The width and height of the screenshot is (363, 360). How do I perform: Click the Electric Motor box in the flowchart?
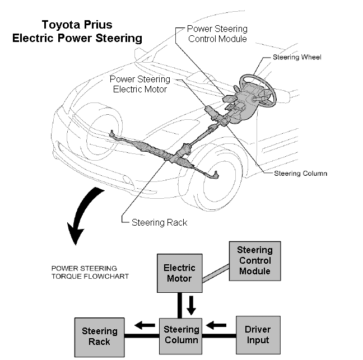(x=180, y=273)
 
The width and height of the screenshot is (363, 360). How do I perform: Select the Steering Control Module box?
(x=255, y=261)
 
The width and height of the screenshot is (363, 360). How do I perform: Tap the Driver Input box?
(x=258, y=335)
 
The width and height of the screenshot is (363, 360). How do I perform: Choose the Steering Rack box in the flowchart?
(x=100, y=337)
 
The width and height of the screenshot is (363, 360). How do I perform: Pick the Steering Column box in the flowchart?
(x=180, y=336)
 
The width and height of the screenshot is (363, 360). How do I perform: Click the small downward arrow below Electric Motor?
(x=191, y=305)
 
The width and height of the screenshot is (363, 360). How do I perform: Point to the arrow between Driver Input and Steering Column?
(x=216, y=325)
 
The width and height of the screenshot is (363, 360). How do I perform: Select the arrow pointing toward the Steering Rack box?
(x=145, y=325)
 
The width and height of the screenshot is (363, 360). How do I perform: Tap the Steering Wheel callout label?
(x=297, y=57)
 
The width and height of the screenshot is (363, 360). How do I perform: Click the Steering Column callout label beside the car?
(x=300, y=174)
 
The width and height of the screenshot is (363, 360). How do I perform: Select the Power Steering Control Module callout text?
(x=217, y=34)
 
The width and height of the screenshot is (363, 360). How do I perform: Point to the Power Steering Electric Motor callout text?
(x=140, y=84)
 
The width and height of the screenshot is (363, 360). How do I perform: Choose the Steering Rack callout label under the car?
(x=160, y=223)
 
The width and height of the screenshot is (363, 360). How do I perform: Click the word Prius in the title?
(x=98, y=25)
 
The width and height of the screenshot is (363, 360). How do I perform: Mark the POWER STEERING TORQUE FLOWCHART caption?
(x=90, y=272)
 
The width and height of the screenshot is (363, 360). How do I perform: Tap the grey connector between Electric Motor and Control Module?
(x=216, y=273)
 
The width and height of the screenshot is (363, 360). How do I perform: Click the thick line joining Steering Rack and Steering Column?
(x=142, y=336)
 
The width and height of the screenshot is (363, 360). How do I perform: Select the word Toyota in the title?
(x=61, y=25)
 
